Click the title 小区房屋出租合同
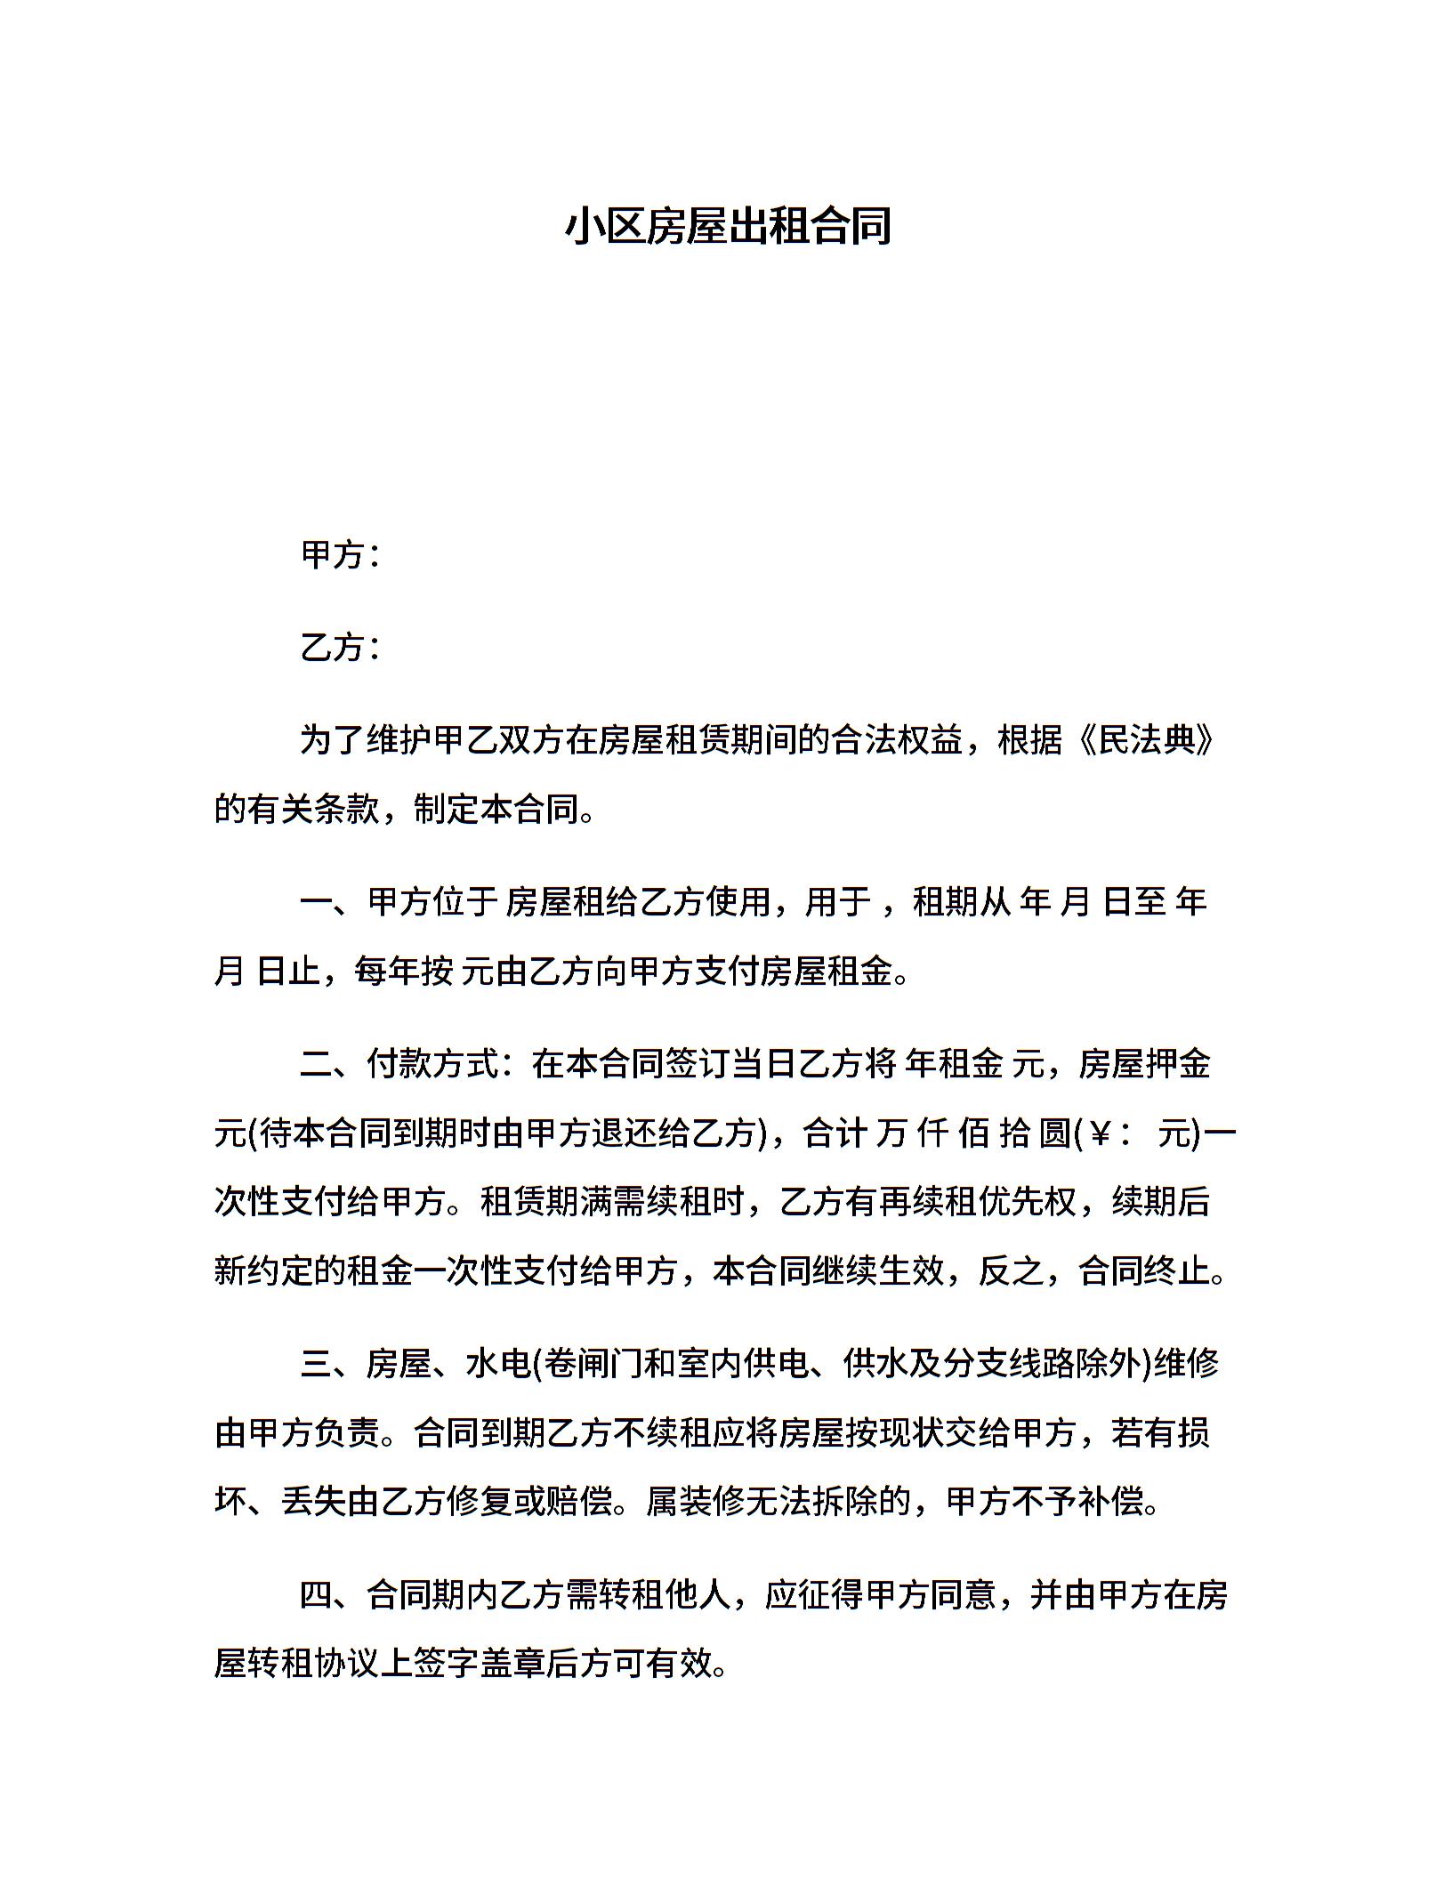coord(727,227)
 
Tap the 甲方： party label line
coord(342,555)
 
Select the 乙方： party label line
coord(342,648)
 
